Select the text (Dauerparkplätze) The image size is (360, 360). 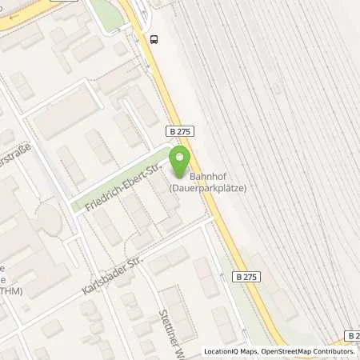pos(207,188)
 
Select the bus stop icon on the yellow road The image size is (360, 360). pos(154,38)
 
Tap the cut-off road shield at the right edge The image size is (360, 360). pos(353,336)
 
